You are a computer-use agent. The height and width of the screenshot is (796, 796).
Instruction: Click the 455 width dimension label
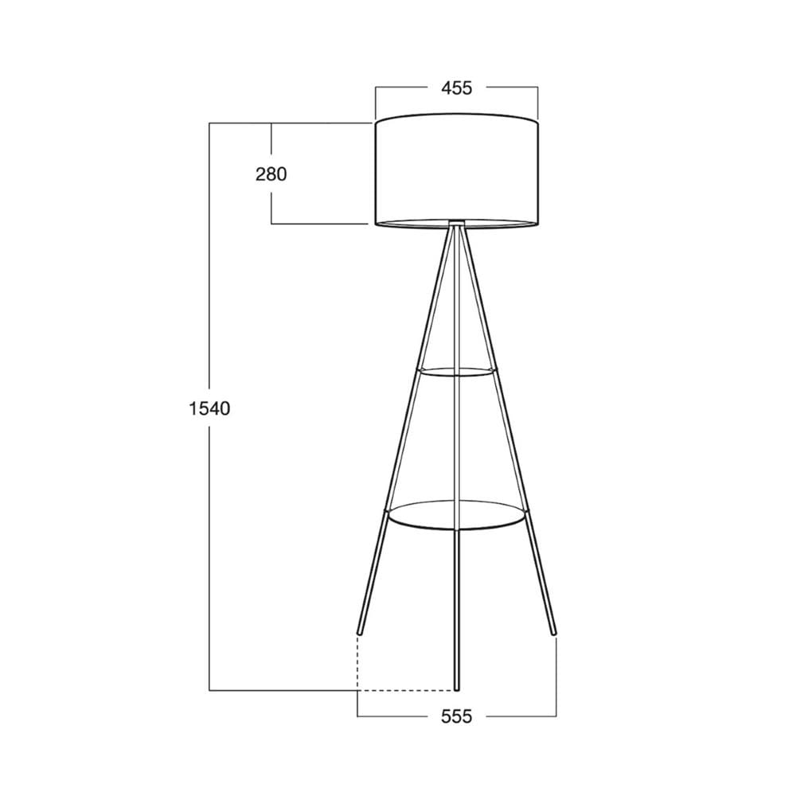[456, 88]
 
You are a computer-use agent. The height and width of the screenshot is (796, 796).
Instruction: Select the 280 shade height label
[271, 174]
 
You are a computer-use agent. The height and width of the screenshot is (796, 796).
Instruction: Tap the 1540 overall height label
[209, 408]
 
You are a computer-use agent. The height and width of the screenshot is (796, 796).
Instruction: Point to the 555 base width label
[456, 716]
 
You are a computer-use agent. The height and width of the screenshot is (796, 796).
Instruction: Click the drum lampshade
[456, 170]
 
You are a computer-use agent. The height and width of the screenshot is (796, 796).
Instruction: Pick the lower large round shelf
[456, 515]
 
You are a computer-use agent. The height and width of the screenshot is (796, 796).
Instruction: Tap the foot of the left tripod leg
[360, 632]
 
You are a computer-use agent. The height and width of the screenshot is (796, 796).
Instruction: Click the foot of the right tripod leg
[553, 632]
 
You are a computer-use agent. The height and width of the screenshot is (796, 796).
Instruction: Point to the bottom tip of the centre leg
[456, 689]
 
